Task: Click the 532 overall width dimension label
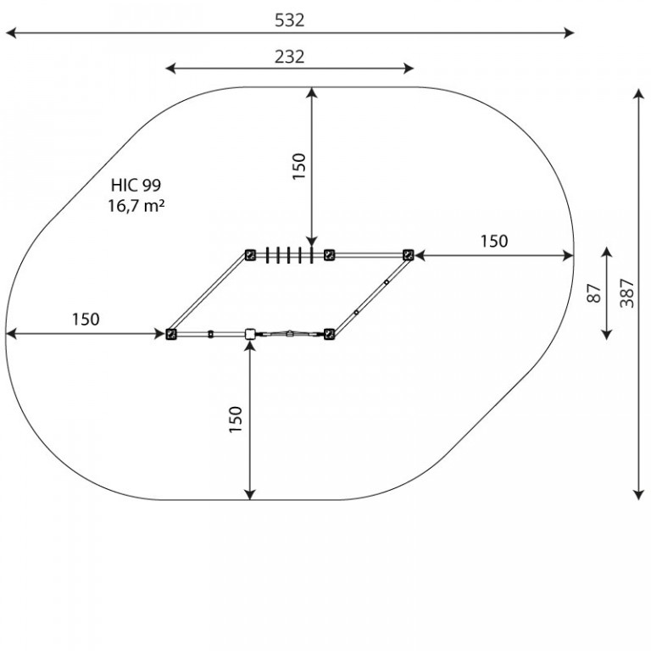[289, 20]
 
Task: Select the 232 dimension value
[289, 57]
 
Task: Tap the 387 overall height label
[627, 293]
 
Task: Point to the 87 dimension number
[594, 293]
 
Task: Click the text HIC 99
[136, 185]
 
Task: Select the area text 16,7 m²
[136, 205]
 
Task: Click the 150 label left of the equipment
[86, 320]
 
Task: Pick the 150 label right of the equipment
[494, 242]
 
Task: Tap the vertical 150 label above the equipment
[299, 166]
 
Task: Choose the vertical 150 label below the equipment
[236, 420]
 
